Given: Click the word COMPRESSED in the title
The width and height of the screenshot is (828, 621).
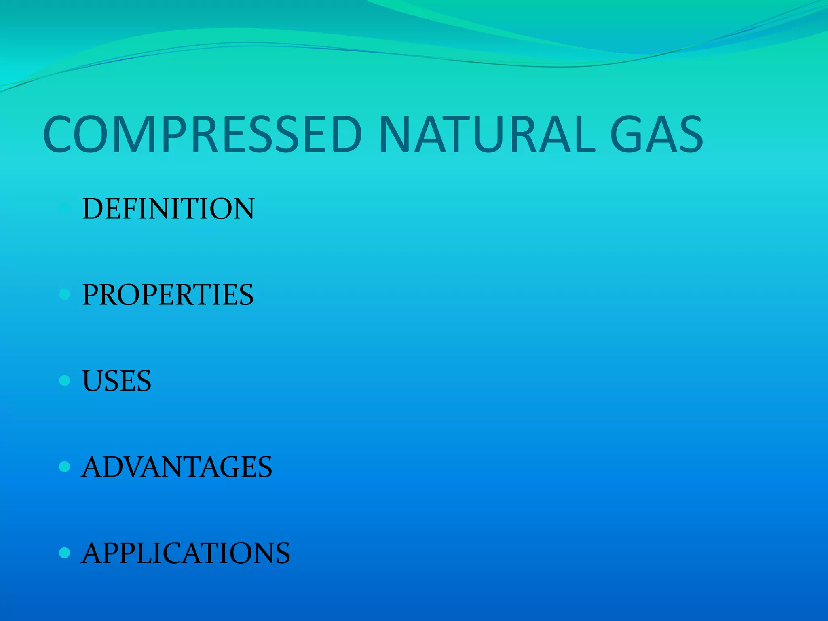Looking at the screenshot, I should click(202, 134).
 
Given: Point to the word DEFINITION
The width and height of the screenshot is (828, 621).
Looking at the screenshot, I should click(168, 209).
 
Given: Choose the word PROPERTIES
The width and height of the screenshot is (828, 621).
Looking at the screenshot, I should click(168, 295).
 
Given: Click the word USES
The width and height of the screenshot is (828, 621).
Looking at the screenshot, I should click(116, 381).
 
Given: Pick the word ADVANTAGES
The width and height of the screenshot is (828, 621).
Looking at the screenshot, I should click(177, 467).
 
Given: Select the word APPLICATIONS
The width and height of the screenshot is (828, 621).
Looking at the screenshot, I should click(186, 553).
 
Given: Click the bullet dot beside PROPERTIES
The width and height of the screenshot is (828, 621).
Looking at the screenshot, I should click(64, 294).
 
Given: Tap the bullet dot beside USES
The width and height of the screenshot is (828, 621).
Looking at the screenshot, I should click(64, 380).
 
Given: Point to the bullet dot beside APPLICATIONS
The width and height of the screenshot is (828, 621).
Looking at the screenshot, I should click(64, 553).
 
